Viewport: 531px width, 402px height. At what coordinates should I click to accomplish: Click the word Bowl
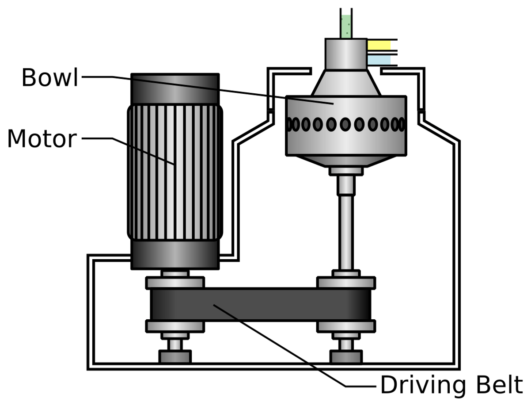tap(49, 78)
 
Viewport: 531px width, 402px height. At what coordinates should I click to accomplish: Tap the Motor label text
tap(42, 139)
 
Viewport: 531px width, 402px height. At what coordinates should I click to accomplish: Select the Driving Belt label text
tap(451, 385)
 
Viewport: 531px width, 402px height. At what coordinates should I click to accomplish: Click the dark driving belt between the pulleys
tap(261, 304)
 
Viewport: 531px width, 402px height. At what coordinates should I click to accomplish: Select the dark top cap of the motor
tap(175, 88)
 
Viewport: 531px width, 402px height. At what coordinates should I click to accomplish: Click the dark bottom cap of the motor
tap(175, 254)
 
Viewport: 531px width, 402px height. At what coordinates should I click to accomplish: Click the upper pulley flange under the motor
tap(175, 283)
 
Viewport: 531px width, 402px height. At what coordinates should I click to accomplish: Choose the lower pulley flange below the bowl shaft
tap(346, 326)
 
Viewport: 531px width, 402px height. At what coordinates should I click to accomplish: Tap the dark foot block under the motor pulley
tap(175, 356)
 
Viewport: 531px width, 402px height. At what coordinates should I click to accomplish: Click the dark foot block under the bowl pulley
tap(346, 356)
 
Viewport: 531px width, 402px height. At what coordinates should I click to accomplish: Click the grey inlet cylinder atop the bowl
tap(346, 54)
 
